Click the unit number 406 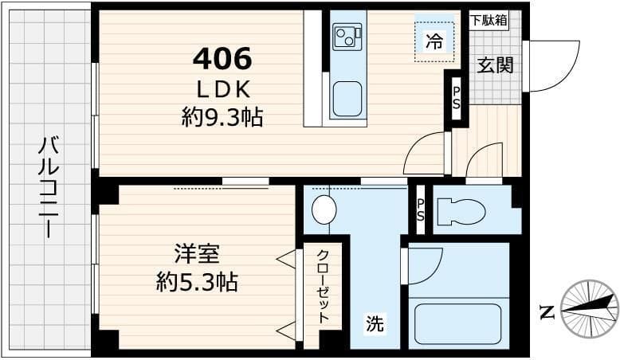pos(222,58)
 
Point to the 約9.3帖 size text pos(222,118)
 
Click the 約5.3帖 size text pos(196,282)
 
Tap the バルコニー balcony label pos(49,188)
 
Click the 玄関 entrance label pos(495,65)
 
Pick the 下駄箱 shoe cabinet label pos(489,21)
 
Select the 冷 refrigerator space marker pos(434,40)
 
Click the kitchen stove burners pos(347,37)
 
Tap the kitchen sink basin pos(348,100)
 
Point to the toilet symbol pos(461,211)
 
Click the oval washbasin pos(324,210)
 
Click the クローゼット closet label pos(324,285)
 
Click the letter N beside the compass pos(547,311)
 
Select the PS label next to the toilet pos(421,210)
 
